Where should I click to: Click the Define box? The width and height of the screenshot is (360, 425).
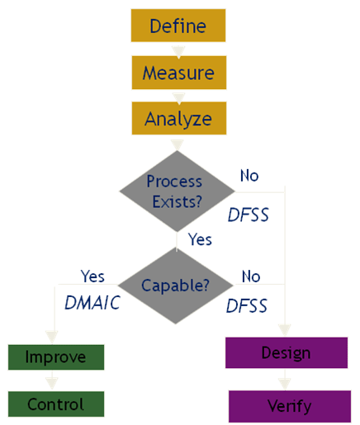pos(178,26)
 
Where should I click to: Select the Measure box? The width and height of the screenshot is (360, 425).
pos(178,73)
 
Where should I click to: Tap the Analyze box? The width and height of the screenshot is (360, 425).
pos(178,118)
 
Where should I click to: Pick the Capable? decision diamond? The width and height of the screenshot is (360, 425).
pos(176,286)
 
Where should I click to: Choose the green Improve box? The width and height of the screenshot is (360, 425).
pos(56,357)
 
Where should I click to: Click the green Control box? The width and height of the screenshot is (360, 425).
pos(56,404)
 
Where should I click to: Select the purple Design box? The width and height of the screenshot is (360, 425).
pos(286,353)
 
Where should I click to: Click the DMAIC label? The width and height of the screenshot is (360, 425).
pos(92,303)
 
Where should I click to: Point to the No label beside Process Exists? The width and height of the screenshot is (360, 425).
pos(250,176)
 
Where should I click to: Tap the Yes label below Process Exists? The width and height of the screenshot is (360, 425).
pos(200,239)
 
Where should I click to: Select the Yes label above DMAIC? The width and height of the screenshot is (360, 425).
pos(92,276)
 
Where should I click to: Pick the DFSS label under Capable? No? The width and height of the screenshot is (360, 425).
pos(247,306)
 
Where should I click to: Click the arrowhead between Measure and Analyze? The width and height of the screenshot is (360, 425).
pos(178,97)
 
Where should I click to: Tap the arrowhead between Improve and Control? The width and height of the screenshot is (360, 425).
pos(54,382)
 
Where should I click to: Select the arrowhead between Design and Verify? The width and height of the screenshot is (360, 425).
pos(286,383)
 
